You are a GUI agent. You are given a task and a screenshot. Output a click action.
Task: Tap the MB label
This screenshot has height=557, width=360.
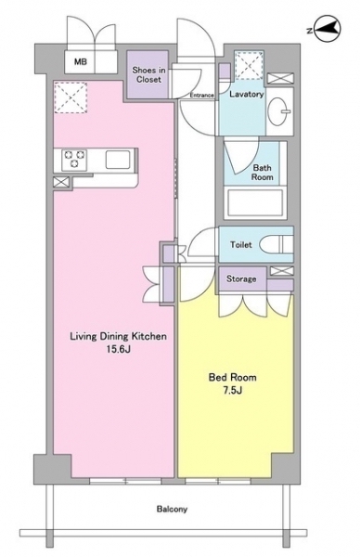pos(80,62)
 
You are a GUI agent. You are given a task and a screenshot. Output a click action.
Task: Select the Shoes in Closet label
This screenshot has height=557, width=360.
pos(148,74)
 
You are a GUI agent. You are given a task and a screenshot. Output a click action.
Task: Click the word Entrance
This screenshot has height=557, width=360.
pos(201,96)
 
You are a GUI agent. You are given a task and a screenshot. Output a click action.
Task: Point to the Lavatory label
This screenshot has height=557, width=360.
pos(247,94)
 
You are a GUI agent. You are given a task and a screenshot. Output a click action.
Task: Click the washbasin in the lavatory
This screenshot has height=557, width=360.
pos(280,110)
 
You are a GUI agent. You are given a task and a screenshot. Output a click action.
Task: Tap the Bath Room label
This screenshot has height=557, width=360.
pos(263,172)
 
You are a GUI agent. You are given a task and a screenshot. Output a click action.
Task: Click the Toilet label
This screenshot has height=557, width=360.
pos(240,244)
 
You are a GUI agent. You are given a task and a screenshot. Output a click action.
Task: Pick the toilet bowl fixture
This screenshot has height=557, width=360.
pos(276,244)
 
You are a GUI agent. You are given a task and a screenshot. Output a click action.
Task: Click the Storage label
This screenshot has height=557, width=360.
pos(241,278)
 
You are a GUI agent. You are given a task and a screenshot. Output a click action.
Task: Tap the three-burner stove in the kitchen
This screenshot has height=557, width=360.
pos(74,159)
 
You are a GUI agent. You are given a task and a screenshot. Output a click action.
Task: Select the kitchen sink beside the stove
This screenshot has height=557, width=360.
pos(118,160)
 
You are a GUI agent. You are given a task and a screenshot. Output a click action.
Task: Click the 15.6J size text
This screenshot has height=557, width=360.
pos(119,349)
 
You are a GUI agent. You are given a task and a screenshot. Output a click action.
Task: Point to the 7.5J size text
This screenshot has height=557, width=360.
pos(233,391)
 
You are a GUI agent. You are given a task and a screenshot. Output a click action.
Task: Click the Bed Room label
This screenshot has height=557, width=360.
pos(232,377)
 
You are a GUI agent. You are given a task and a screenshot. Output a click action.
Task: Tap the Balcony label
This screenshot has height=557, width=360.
pos(172,509)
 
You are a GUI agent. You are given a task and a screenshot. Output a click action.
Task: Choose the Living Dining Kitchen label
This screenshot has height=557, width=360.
pos(118,336)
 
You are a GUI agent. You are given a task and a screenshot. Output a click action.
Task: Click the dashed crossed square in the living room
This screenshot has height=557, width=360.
pos(71,97)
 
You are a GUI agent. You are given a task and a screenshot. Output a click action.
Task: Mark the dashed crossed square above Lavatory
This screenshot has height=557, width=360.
pos(250,65)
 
